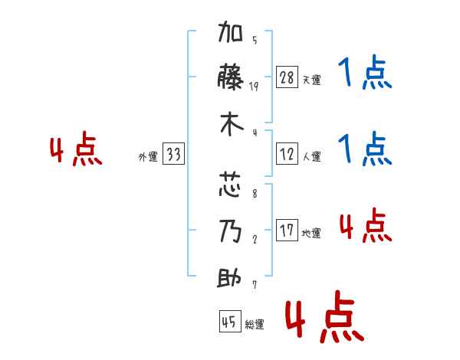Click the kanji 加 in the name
(230, 31)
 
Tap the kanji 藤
(230, 77)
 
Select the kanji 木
(232, 124)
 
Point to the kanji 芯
(230, 184)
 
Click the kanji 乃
(230, 231)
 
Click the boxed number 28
(287, 77)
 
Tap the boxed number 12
(287, 154)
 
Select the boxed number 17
(287, 230)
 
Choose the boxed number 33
(173, 154)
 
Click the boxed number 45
(230, 321)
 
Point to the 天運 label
(311, 80)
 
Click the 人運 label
(311, 156)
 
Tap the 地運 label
(311, 233)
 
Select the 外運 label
(148, 156)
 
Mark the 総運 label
(255, 324)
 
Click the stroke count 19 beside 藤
(254, 87)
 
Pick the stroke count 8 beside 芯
(255, 194)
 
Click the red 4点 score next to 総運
(324, 316)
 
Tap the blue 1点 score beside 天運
(365, 72)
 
